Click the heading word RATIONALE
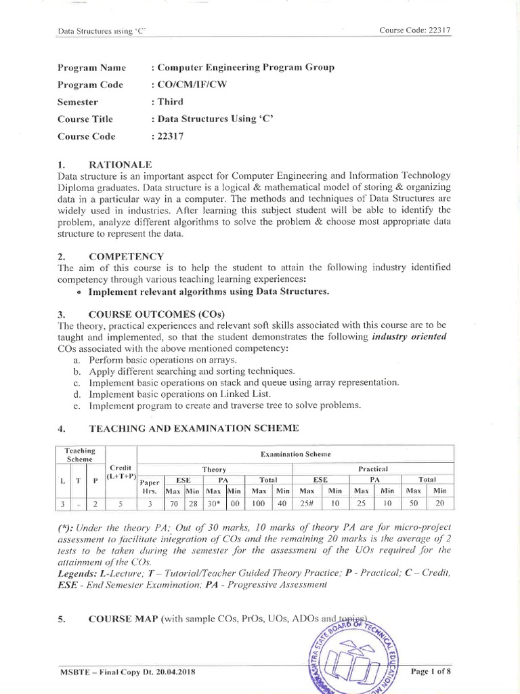point(121,165)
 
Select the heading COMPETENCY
point(126,256)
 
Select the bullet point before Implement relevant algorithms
point(80,292)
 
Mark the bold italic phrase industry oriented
point(409,337)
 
